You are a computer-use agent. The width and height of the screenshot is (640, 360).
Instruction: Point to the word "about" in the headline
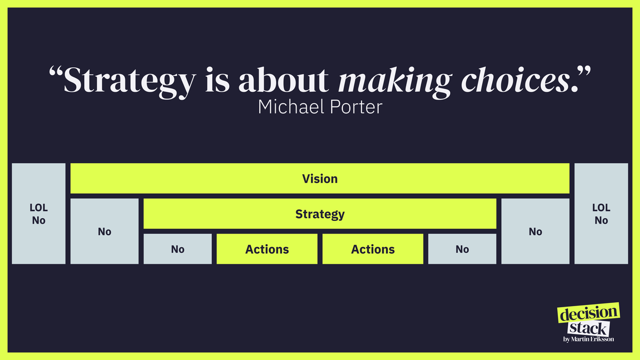283,80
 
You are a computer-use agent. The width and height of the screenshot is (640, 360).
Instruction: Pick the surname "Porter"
354,107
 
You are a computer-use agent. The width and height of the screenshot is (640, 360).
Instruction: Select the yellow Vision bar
320,178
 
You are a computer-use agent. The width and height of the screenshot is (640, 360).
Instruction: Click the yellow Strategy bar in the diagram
320,214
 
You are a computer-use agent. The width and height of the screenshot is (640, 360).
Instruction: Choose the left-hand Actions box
267,249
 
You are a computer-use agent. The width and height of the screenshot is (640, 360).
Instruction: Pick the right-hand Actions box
373,249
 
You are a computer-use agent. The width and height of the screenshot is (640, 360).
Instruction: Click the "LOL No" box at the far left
38,213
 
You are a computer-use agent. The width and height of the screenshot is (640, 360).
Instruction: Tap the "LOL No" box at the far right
601,213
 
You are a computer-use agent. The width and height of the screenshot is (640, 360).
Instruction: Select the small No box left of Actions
178,249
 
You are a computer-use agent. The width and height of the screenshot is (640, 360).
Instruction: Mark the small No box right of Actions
462,249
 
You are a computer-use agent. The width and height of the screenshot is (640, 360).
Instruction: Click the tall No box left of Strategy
105,231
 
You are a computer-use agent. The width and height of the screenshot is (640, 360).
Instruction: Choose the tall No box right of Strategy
535,231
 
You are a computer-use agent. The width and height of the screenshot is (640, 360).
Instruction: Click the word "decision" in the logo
589,314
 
